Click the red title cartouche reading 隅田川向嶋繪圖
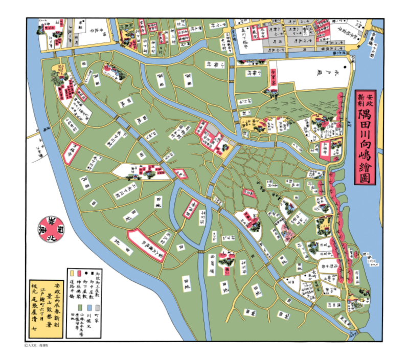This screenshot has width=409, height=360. [366, 139]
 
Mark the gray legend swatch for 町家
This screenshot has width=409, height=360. [95, 307]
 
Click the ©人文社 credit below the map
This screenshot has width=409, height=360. [40, 346]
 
